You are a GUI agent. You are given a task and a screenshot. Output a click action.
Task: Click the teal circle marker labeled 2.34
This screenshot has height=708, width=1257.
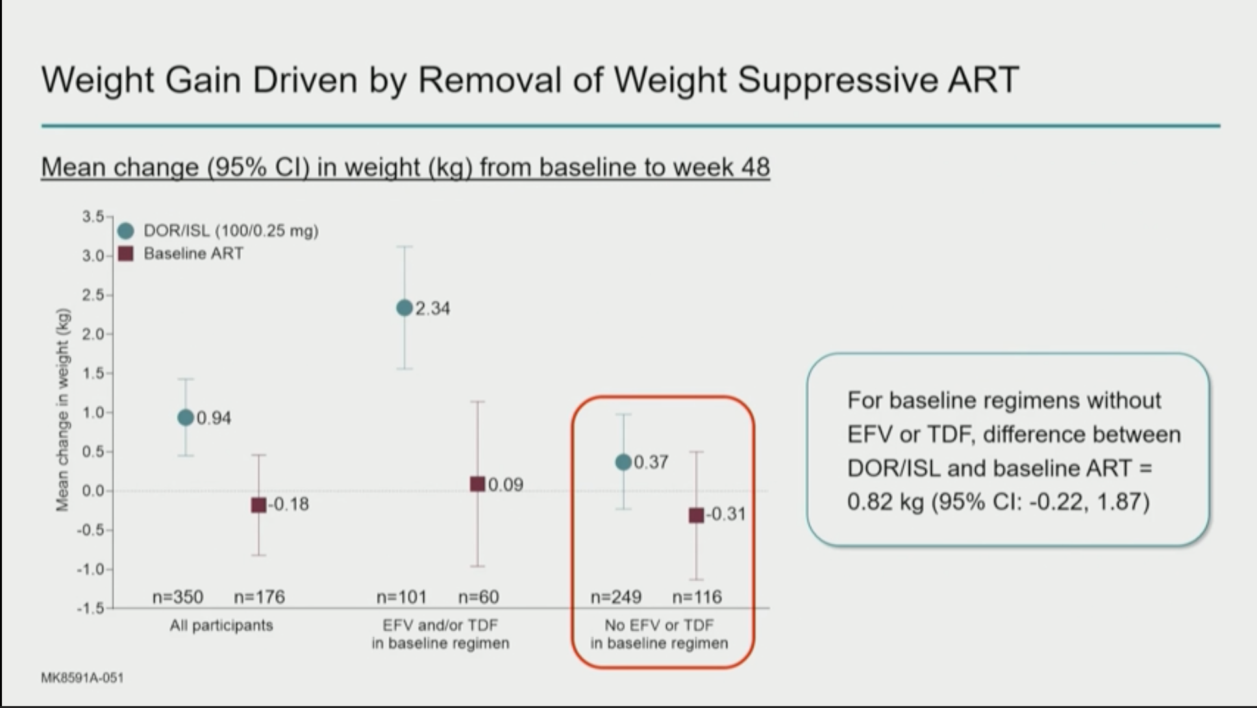(x=404, y=308)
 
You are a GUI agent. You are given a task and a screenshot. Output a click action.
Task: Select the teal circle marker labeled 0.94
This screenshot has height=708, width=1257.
(x=186, y=418)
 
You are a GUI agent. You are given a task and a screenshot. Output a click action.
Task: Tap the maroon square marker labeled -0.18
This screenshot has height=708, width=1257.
(x=258, y=505)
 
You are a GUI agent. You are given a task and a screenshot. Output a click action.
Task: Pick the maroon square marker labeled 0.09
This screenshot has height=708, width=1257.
(x=477, y=484)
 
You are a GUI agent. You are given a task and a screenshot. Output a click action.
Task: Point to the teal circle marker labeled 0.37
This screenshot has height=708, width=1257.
(x=623, y=462)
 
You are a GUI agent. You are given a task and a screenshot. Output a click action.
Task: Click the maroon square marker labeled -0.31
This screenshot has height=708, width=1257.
(x=696, y=515)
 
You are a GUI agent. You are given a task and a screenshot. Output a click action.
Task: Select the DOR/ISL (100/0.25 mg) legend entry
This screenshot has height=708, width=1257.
(x=218, y=231)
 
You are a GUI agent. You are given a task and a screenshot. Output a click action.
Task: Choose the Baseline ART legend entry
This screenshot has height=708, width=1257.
(x=180, y=253)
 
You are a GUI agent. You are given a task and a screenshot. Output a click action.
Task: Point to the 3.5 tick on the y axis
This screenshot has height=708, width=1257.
(x=93, y=216)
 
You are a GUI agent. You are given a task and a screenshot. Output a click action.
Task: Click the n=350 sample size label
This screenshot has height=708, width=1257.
(x=178, y=597)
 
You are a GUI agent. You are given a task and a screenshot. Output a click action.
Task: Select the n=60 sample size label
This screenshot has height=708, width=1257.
(x=479, y=597)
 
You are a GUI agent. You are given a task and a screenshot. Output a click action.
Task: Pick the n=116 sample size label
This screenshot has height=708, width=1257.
(x=697, y=597)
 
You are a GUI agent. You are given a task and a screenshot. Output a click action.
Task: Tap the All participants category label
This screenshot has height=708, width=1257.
(x=221, y=626)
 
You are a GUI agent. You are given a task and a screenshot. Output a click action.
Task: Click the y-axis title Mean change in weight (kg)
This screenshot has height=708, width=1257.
(x=62, y=409)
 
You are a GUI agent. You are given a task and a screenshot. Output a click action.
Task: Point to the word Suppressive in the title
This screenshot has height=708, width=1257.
(x=837, y=81)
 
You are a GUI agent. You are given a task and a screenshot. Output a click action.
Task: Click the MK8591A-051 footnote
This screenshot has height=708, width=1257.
(x=82, y=678)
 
